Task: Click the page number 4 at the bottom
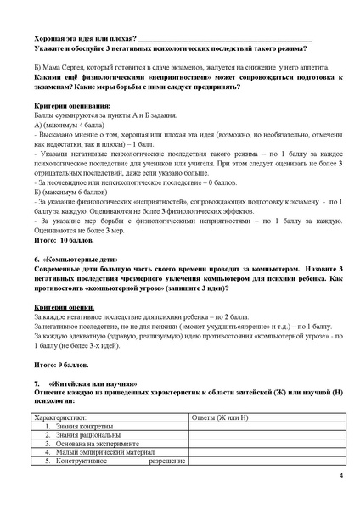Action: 339,475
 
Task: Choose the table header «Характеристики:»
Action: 61,418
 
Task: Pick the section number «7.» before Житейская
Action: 36,386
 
